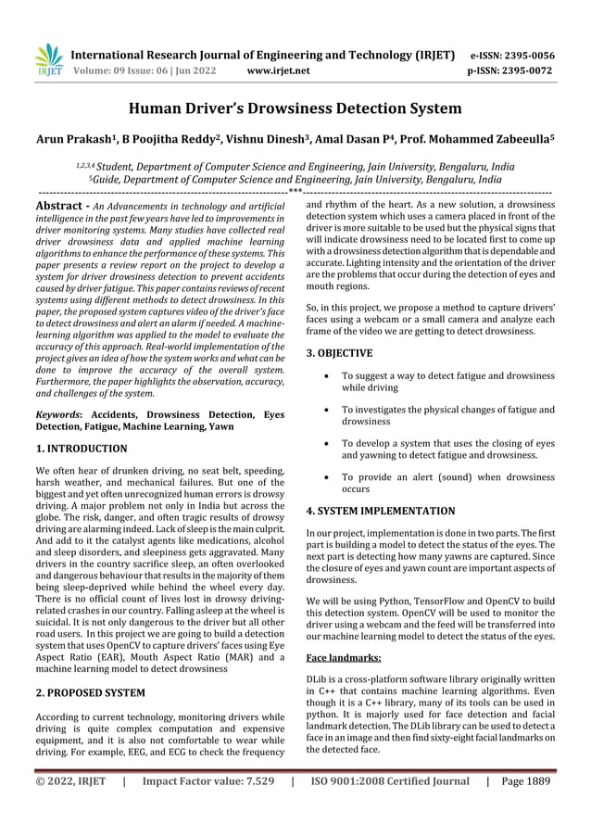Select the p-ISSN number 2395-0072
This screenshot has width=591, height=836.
524,70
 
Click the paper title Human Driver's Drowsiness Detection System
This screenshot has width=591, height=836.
295,109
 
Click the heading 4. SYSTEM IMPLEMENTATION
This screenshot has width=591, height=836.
380,511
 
